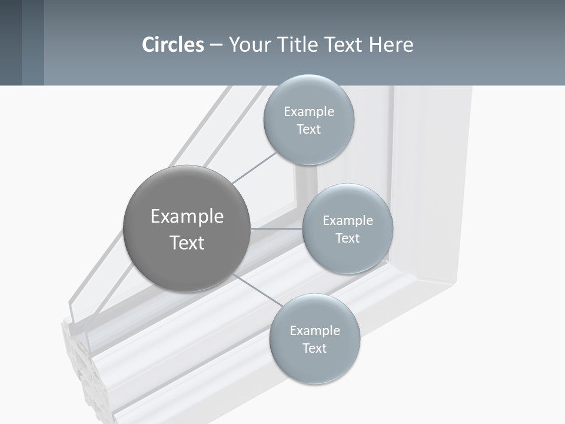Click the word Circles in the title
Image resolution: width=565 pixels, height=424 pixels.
coord(172,45)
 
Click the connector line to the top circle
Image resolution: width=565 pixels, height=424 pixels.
coord(254,167)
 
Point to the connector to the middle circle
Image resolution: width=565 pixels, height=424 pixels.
coord(277,228)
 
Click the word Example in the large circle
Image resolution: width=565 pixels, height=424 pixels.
coord(187,217)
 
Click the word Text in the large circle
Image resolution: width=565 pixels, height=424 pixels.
coord(187,243)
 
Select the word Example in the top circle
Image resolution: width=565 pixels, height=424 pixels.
coord(308,112)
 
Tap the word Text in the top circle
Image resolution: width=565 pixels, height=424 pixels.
coord(308,130)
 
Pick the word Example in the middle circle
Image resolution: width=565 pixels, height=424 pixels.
coord(347,221)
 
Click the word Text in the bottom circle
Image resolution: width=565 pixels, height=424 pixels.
coord(314,348)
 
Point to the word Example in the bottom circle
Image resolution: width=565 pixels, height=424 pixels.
coord(314,330)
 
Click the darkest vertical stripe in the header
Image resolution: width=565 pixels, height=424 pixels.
coord(11,42)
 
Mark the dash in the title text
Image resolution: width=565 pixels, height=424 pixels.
coord(215,45)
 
